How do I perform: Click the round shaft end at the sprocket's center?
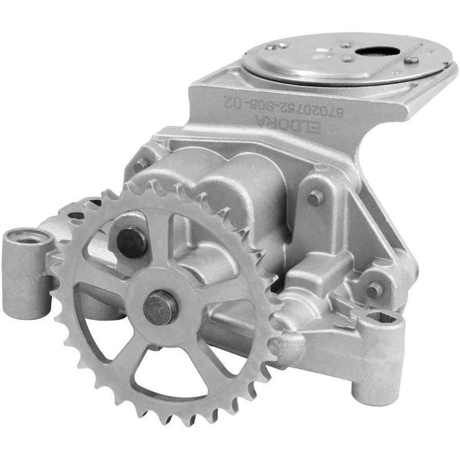(160, 308)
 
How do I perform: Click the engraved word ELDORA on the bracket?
(288, 124)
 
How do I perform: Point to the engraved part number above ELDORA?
(283, 106)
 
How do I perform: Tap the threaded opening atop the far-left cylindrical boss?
(28, 238)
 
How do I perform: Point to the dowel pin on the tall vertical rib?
(314, 198)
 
